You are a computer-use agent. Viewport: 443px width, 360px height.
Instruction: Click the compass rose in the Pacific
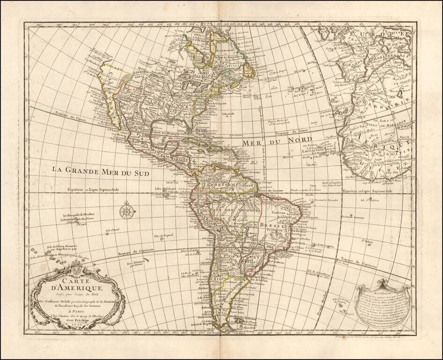coord(126,211)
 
